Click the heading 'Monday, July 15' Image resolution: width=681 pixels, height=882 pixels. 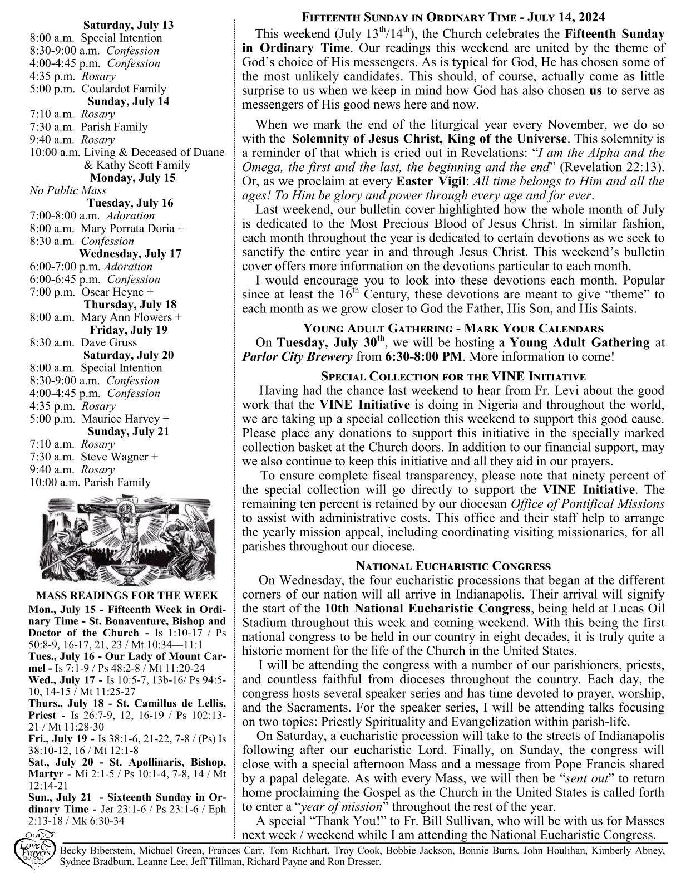click(x=132, y=178)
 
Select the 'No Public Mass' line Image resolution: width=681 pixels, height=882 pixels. click(x=68, y=191)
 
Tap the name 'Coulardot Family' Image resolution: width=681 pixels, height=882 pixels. click(x=124, y=89)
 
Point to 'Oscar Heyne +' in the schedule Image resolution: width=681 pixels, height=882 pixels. click(x=117, y=292)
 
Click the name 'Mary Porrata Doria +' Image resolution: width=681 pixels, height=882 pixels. click(x=133, y=229)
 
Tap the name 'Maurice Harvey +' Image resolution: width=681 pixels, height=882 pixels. click(x=126, y=419)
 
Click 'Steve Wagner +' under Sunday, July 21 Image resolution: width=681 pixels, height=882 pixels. click(x=119, y=457)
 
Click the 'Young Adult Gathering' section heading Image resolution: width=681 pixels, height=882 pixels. click(x=453, y=329)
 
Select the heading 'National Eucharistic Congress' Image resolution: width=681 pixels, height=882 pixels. click(x=453, y=567)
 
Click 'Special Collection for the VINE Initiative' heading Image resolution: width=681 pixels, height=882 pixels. click(x=453, y=376)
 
